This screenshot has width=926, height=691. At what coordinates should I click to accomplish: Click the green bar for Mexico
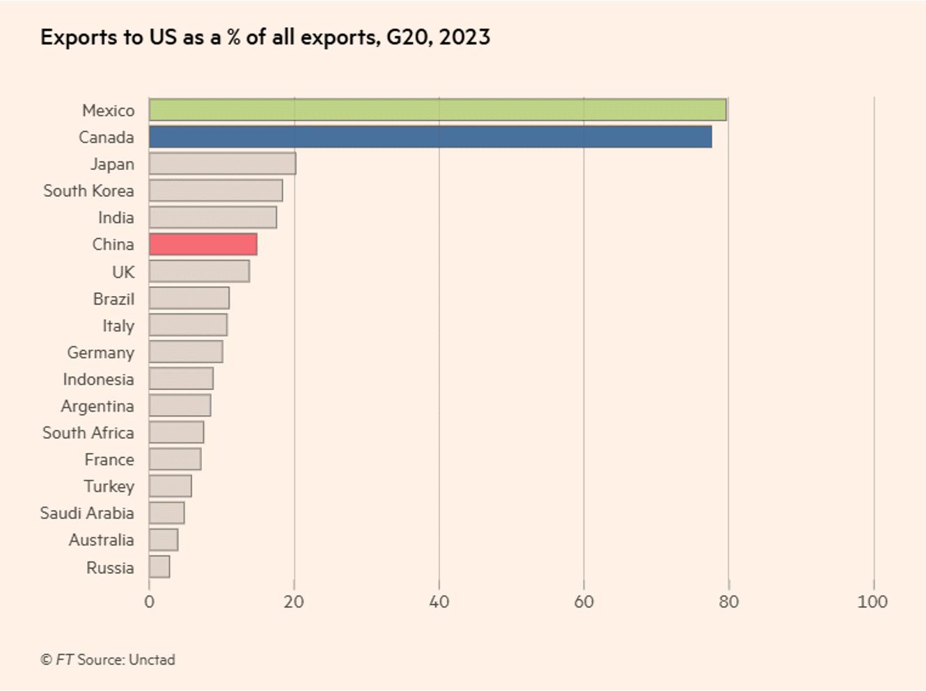tap(437, 110)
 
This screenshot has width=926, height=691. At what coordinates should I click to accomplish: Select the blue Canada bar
tap(430, 137)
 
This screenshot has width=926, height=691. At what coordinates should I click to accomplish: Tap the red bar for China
tap(203, 244)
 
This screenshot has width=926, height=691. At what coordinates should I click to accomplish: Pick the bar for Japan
tap(222, 164)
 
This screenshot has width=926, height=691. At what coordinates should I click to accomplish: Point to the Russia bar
tap(159, 567)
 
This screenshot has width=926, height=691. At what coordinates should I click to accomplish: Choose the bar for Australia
tap(164, 540)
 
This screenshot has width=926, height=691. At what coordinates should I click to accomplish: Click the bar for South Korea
tap(216, 191)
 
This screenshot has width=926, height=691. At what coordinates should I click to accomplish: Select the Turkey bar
tap(171, 486)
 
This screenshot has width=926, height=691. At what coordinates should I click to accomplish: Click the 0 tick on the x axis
tap(149, 602)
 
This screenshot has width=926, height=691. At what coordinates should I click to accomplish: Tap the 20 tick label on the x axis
tap(294, 602)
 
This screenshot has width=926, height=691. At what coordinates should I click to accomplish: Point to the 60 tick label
tap(583, 602)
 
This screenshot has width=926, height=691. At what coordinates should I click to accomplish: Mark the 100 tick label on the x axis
tap(872, 602)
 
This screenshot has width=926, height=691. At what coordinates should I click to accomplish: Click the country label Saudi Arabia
tap(87, 513)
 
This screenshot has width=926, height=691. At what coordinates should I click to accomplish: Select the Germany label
tap(100, 352)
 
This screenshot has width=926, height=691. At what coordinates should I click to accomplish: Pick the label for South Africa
tap(88, 433)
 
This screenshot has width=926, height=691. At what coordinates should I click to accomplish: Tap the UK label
tap(123, 272)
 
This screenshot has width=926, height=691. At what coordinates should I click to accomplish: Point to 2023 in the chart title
tap(464, 37)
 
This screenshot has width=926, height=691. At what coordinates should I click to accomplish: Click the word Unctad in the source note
tap(152, 660)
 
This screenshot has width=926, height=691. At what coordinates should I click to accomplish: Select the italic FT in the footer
tap(65, 660)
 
